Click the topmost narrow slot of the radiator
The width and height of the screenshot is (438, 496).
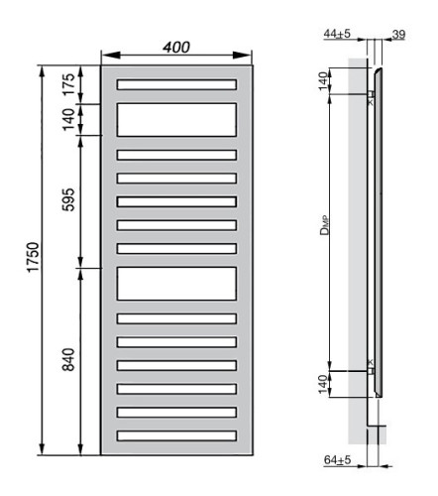177,84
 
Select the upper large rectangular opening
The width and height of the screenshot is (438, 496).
177,120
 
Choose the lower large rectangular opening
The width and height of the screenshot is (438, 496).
177,284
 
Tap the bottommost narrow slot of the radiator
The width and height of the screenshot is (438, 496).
177,435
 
